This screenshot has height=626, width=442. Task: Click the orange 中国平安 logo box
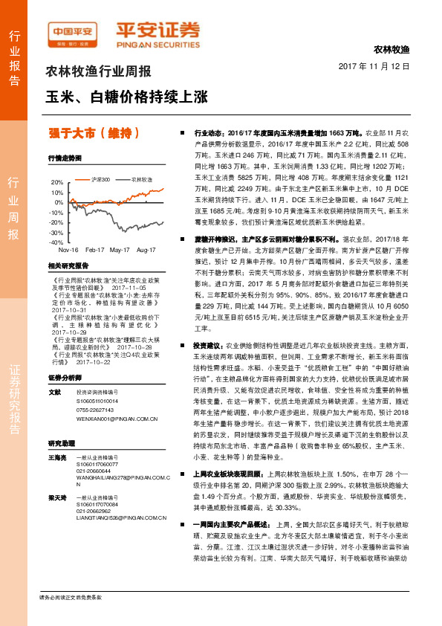coord(72,33)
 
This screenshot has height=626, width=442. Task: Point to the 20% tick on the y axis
coord(57,182)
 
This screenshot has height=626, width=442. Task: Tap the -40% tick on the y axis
coord(57,242)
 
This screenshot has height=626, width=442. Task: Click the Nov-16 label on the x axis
coord(69,251)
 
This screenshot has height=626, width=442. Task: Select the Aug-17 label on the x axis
coord(146,251)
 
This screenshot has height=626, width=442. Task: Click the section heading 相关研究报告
coord(68,265)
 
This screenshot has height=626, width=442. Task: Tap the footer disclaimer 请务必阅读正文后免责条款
coord(70,618)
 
